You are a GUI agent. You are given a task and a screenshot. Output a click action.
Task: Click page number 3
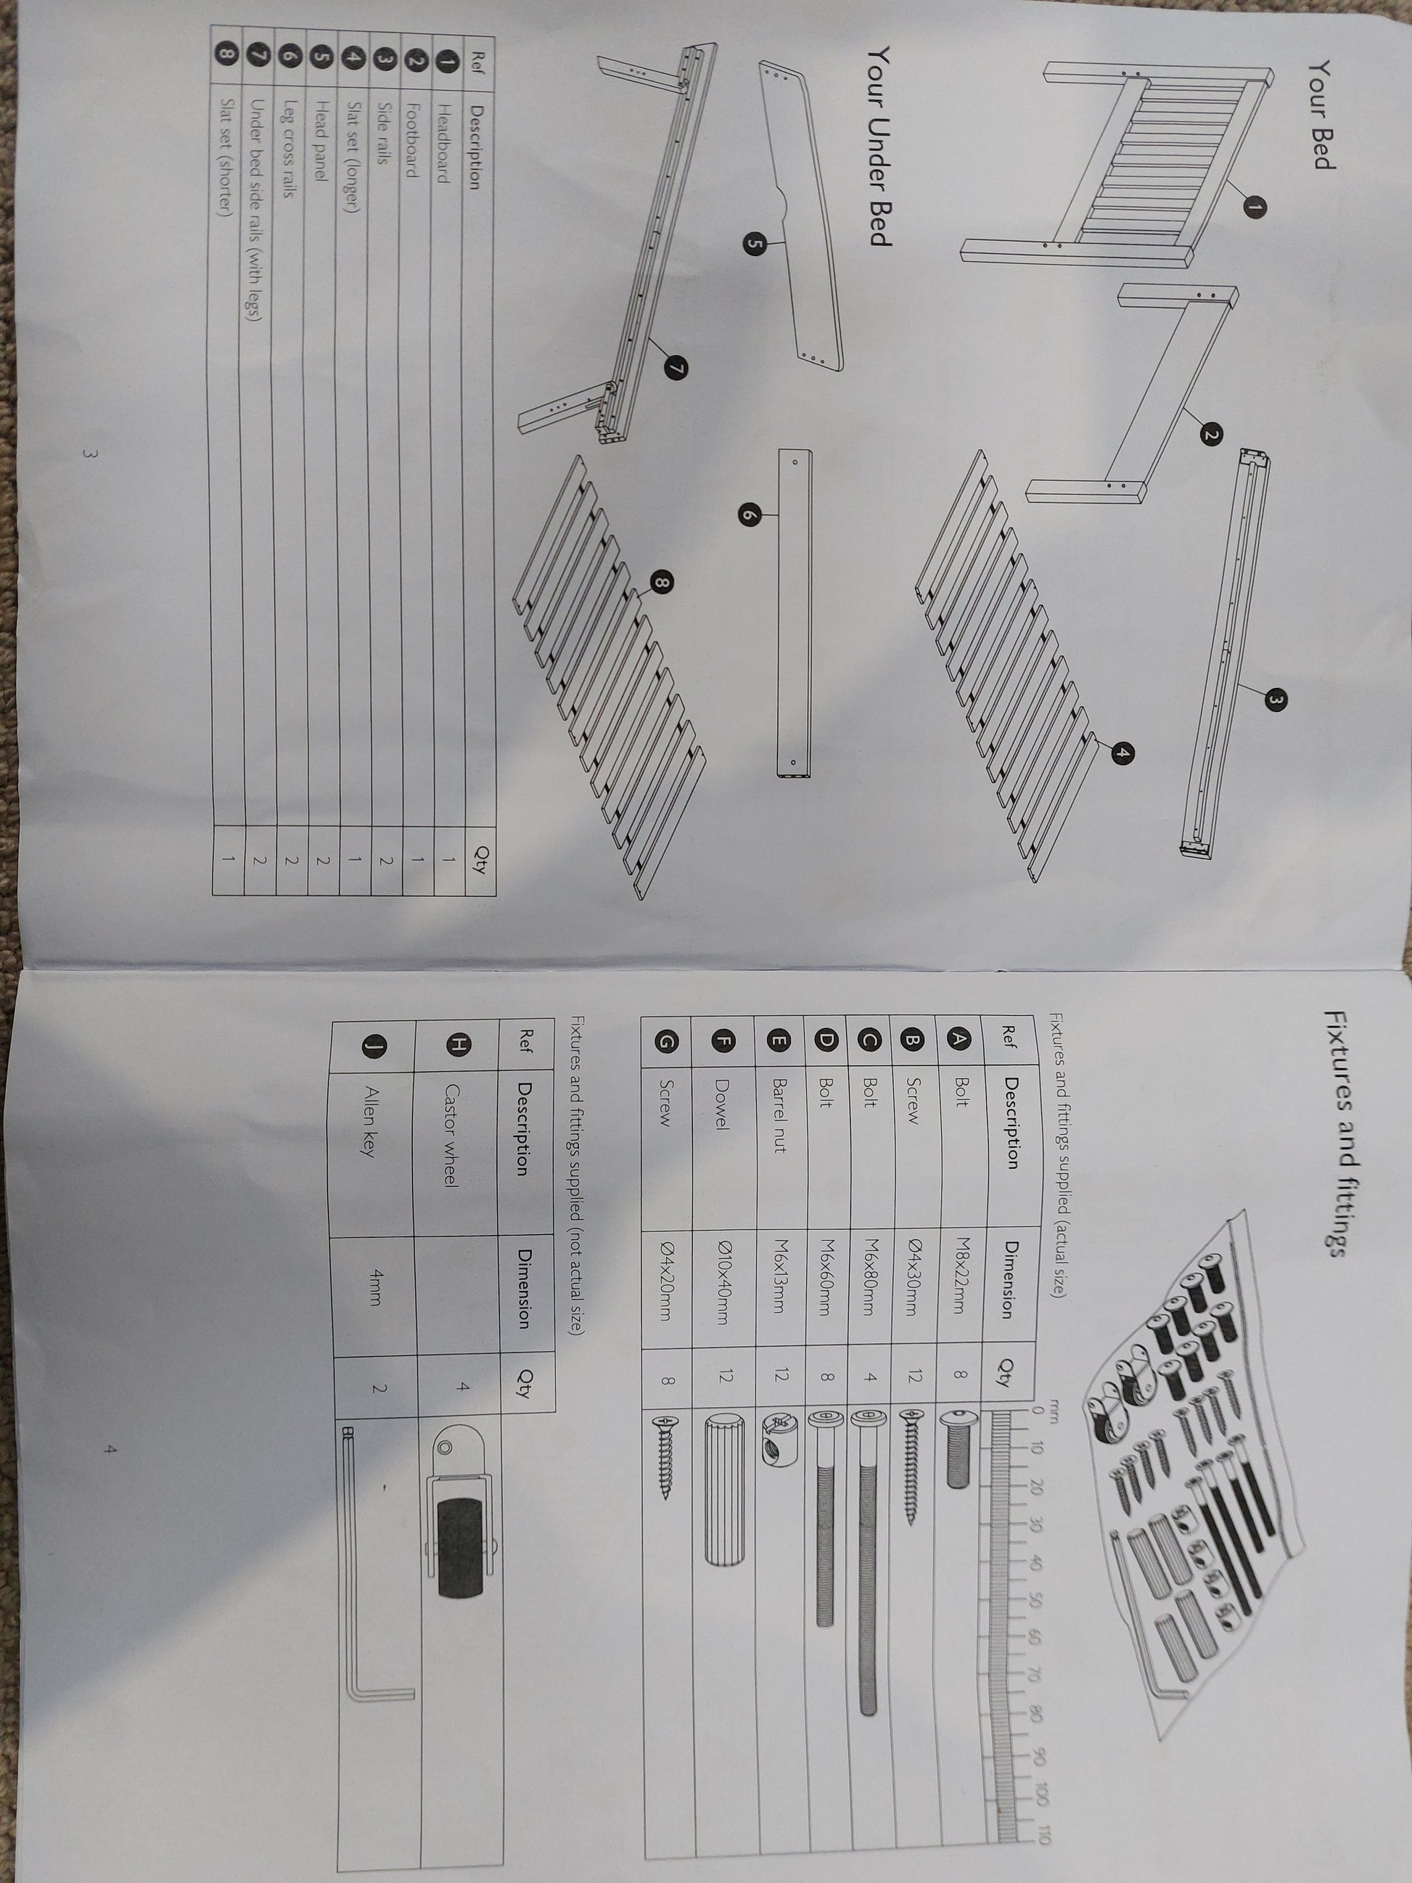88,454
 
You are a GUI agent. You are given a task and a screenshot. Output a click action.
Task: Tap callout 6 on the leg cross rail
748,514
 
